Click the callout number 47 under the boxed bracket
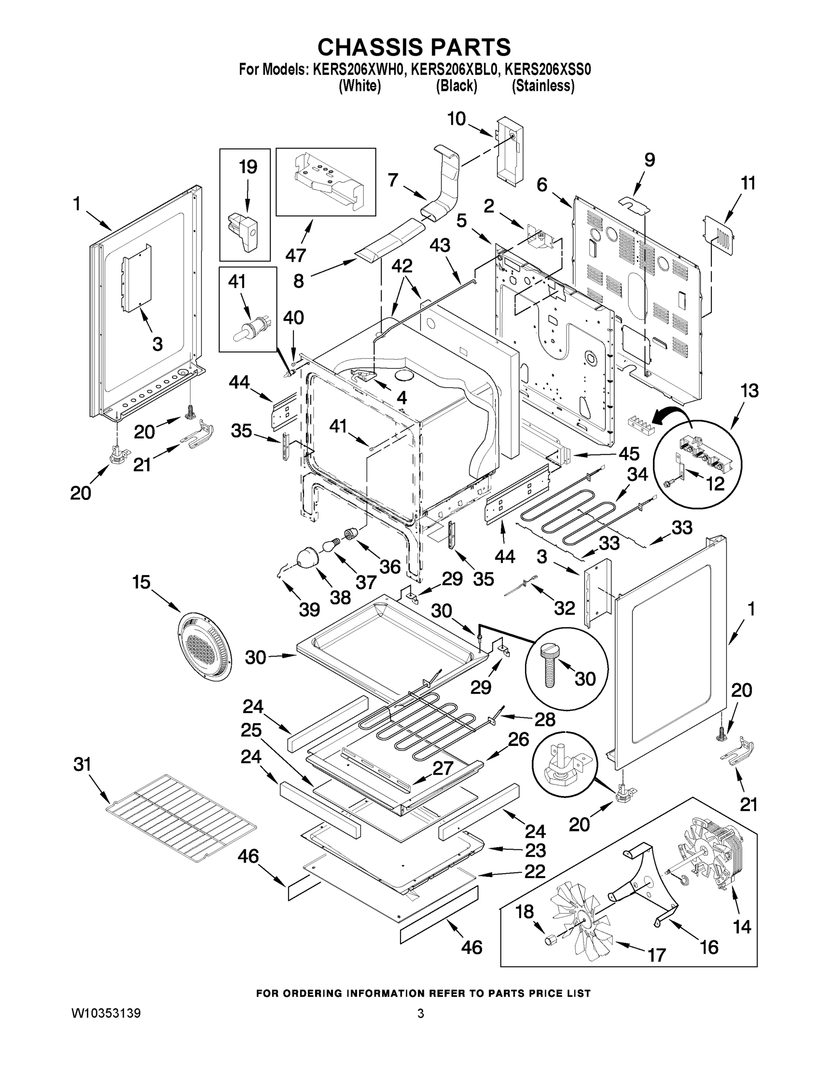pos(296,255)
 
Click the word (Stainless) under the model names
pos(543,86)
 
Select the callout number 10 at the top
pos(456,119)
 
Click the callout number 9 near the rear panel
pos(650,160)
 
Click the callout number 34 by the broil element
pos(637,474)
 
